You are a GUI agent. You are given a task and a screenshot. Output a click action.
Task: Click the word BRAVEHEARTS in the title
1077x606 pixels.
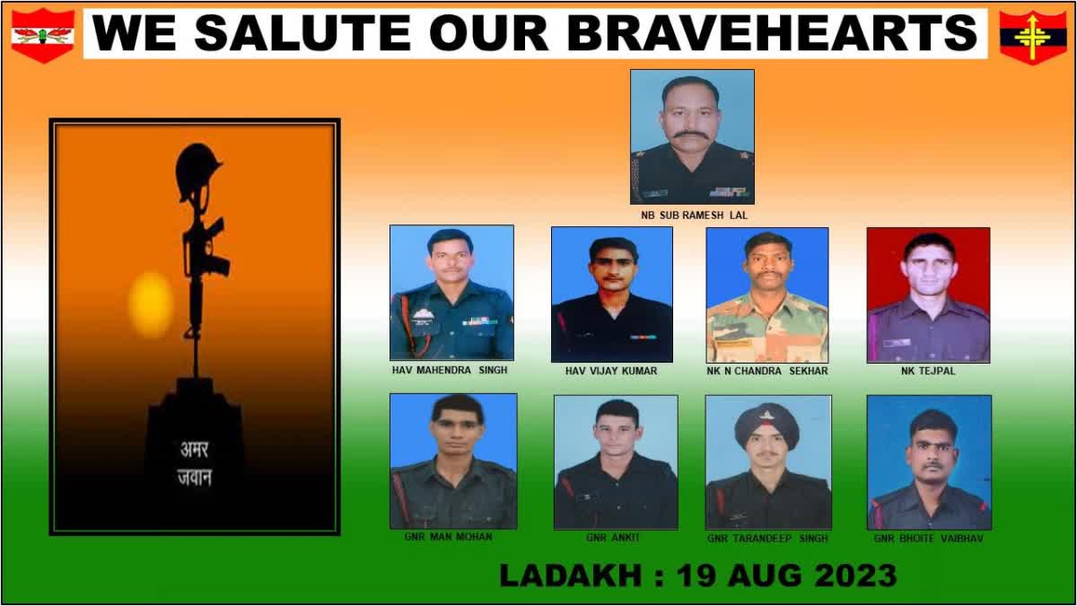(x=772, y=32)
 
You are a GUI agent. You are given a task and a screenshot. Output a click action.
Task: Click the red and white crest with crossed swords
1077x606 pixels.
(x=43, y=35)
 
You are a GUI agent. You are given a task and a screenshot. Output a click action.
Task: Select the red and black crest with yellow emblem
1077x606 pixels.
(x=1033, y=37)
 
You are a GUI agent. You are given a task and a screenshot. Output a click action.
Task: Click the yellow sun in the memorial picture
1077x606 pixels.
(x=151, y=304)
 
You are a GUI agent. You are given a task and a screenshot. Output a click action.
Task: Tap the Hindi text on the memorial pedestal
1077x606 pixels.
(x=195, y=463)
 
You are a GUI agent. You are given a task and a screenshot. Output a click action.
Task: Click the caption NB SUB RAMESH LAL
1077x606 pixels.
(x=695, y=215)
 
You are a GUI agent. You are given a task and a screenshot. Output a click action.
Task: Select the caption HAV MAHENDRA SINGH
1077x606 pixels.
(x=450, y=370)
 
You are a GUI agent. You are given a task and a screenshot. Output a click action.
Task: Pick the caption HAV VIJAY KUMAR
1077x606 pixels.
(x=611, y=371)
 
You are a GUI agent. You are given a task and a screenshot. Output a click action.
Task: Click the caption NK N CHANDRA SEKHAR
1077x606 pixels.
(x=766, y=371)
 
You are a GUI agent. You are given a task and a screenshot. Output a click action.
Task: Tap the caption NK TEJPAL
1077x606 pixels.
(x=928, y=371)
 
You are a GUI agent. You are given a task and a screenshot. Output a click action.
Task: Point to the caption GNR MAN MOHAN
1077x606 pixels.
(x=448, y=536)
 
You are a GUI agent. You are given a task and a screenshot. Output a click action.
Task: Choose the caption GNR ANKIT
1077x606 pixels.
(x=612, y=537)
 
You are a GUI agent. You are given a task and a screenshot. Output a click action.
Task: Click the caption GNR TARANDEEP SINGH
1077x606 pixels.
(x=767, y=538)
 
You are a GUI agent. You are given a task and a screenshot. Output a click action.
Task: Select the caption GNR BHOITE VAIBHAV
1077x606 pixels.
(x=928, y=538)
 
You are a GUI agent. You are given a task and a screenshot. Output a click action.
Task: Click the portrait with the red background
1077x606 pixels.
(x=928, y=294)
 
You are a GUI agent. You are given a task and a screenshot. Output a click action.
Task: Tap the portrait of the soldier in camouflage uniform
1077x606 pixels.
(x=767, y=294)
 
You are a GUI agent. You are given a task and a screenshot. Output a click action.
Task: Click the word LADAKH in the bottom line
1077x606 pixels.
(x=571, y=575)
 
